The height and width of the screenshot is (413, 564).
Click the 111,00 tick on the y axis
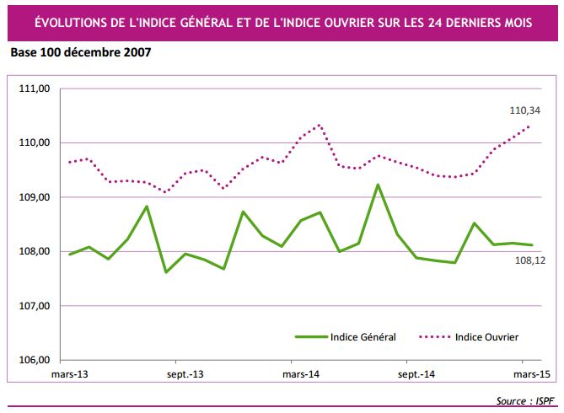[x=36, y=88]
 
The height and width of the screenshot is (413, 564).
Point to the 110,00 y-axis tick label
[x=36, y=142]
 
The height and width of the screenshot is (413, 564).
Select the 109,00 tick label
[x=36, y=197]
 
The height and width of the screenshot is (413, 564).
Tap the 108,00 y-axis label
[x=36, y=252]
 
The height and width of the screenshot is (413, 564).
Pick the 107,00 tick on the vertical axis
[x=36, y=306]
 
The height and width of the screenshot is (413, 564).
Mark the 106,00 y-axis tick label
[x=36, y=360]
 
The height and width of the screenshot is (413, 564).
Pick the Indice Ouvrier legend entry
[x=486, y=337]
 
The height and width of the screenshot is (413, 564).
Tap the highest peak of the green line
[x=378, y=185]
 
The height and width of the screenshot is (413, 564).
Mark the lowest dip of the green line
[x=166, y=271]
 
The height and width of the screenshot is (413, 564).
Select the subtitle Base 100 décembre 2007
[x=81, y=53]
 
